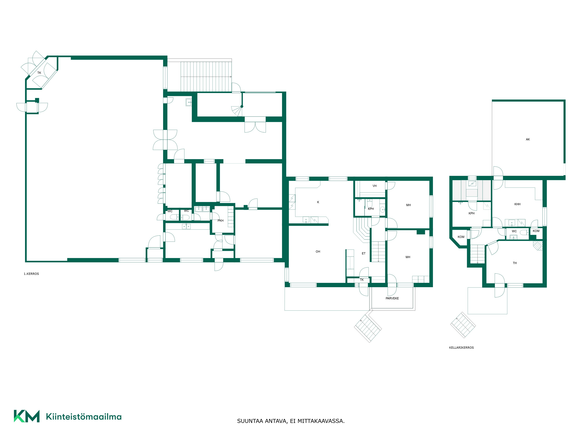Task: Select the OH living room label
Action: click(318, 252)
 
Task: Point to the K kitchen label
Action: click(318, 202)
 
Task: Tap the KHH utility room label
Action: click(517, 204)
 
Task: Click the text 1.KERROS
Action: click(31, 274)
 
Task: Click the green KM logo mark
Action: click(27, 416)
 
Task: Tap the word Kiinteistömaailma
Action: click(84, 417)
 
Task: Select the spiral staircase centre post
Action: click(242, 106)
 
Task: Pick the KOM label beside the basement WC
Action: click(536, 231)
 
